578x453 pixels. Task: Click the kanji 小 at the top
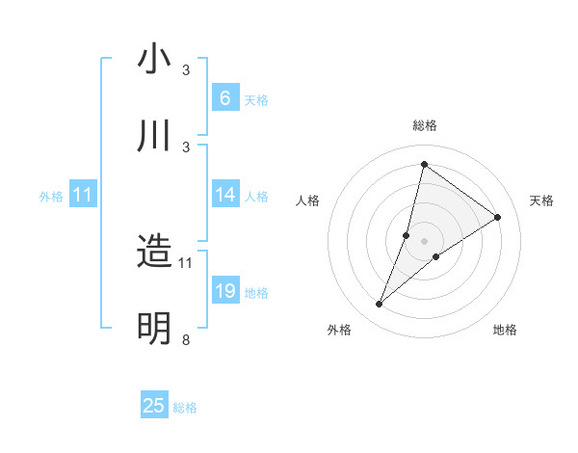tap(154, 59)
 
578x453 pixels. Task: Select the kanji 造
tap(154, 252)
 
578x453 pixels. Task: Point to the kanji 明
tap(154, 329)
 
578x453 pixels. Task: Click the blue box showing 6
tap(224, 97)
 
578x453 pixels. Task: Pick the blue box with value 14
tap(224, 195)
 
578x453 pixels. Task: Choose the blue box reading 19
tap(224, 291)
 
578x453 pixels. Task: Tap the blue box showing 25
tap(154, 406)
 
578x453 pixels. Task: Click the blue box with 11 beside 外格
tap(82, 195)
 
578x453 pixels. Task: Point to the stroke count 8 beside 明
tap(185, 339)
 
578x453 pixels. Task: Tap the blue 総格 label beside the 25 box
tap(185, 408)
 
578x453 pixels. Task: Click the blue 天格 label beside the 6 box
tap(256, 99)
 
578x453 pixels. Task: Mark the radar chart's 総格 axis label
tap(424, 125)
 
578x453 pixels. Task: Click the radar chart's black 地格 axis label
tap(505, 330)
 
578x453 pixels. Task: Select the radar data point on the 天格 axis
tap(497, 217)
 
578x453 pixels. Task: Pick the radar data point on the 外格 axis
tap(379, 305)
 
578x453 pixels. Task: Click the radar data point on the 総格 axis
tap(424, 164)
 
